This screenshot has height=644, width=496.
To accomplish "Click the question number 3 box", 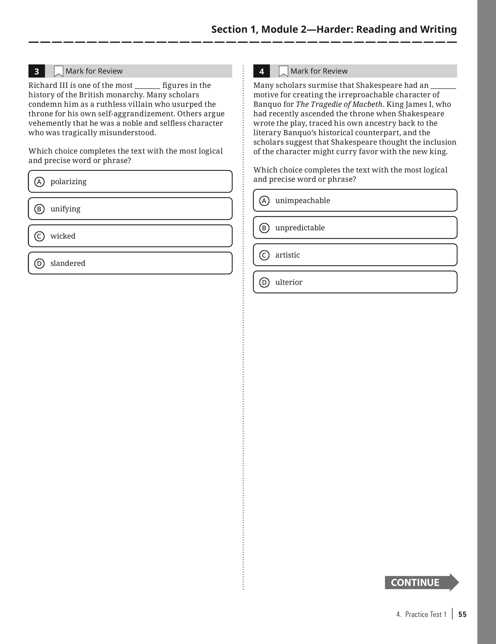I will click(x=37, y=71).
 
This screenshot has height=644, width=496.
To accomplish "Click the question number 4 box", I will click(x=262, y=71).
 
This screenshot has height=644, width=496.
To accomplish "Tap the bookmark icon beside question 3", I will click(x=58, y=71).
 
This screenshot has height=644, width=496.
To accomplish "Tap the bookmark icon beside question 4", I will click(x=283, y=71).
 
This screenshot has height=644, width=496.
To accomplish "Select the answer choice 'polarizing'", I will click(x=130, y=181).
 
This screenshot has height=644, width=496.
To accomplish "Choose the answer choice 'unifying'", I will click(x=130, y=209).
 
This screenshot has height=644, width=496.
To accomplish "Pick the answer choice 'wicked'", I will click(x=130, y=236).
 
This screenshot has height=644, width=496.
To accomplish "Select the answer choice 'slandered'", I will click(x=130, y=263).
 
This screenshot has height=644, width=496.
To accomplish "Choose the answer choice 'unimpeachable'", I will click(x=355, y=200).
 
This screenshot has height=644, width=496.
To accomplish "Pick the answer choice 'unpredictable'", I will click(x=355, y=227).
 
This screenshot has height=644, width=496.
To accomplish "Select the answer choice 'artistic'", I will click(x=355, y=255).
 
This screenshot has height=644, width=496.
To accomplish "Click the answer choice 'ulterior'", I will click(x=355, y=282).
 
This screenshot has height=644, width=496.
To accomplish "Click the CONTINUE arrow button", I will click(x=421, y=582).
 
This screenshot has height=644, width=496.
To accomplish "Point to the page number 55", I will click(x=462, y=614).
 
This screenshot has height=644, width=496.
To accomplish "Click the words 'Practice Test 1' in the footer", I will click(x=426, y=614).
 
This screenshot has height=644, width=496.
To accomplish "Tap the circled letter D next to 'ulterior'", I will click(x=264, y=282).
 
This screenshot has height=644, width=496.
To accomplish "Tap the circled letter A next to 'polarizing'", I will click(x=39, y=182).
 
